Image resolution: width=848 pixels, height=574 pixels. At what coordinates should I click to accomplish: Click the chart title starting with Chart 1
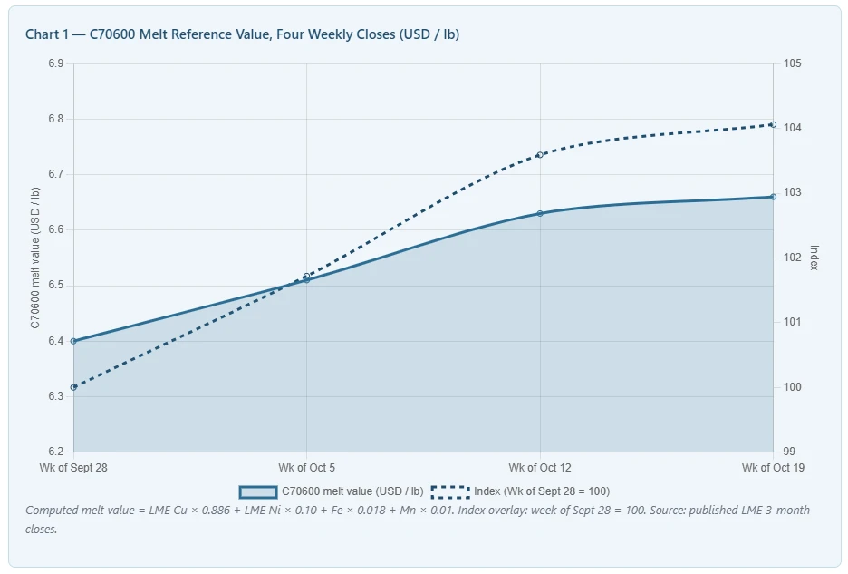tap(242, 34)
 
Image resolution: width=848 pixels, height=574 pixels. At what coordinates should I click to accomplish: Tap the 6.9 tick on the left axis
tap(55, 63)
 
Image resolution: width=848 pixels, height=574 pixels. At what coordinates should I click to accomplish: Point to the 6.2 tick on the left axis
tap(55, 452)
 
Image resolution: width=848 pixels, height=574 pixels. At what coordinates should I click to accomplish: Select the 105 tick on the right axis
tap(793, 63)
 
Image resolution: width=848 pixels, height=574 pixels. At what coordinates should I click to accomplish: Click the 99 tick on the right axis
tap(789, 452)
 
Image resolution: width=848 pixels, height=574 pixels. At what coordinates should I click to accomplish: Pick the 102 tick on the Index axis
tap(793, 258)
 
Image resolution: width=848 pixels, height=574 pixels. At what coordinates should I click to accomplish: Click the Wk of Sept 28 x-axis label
tap(73, 467)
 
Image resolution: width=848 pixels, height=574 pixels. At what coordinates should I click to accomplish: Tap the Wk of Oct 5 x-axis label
tap(306, 467)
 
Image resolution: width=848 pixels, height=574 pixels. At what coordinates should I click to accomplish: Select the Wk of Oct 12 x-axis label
tap(540, 467)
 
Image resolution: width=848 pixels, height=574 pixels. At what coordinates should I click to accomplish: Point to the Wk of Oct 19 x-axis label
tap(773, 467)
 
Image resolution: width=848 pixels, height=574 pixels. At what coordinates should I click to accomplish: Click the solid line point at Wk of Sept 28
tap(73, 341)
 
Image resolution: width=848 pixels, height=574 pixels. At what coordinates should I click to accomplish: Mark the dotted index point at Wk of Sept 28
tap(73, 387)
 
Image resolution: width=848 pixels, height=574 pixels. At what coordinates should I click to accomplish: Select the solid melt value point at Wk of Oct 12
tap(540, 213)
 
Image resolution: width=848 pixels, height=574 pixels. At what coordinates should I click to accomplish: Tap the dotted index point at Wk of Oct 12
tap(540, 155)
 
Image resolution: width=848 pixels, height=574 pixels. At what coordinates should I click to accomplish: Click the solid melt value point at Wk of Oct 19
tap(773, 197)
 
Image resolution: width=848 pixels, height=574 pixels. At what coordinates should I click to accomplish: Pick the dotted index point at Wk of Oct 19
tap(773, 125)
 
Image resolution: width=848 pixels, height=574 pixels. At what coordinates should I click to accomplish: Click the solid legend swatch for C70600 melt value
tap(258, 491)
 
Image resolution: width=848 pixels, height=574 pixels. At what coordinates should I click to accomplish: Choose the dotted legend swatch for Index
tap(450, 491)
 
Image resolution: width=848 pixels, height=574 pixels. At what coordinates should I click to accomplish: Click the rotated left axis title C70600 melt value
tap(35, 258)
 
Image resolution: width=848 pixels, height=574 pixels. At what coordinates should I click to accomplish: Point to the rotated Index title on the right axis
tap(814, 258)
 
